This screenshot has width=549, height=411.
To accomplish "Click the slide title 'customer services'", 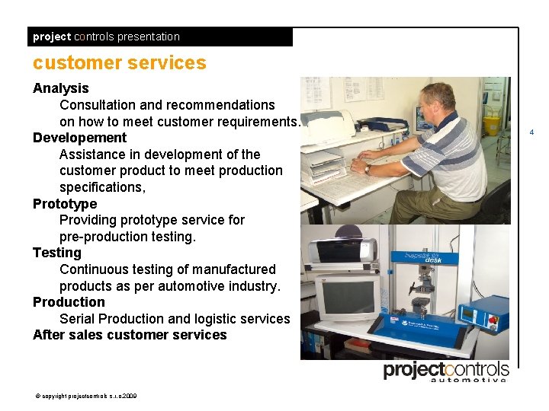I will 120,63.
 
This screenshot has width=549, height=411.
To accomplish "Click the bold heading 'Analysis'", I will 61,88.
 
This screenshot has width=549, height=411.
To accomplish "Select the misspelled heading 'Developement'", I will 79,138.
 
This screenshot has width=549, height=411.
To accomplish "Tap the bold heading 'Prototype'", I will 65,204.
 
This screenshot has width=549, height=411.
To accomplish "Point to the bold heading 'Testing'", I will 56,253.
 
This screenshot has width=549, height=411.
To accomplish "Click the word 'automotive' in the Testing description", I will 194,286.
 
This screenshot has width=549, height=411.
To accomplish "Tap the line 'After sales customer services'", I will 130,335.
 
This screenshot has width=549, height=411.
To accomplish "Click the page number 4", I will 531,132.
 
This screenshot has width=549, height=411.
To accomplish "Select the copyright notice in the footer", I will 85,396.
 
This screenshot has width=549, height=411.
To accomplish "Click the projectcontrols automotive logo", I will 446,371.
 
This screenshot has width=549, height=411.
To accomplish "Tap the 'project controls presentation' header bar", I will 160,37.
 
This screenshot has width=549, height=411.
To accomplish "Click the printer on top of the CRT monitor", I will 345,250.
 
